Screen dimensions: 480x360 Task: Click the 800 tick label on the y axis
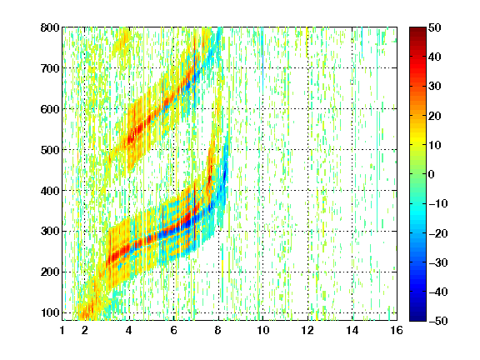point(50,27)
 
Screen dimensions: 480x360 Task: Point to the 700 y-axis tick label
point(50,68)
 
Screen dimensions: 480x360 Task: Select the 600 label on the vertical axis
point(50,109)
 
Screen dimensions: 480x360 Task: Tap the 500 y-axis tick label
point(50,150)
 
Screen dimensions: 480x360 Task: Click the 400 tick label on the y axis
point(50,191)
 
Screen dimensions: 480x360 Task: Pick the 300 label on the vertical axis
point(50,232)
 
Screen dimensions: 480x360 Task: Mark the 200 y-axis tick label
point(50,272)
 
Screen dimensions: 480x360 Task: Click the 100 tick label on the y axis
point(50,312)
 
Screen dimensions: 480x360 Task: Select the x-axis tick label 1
point(62,330)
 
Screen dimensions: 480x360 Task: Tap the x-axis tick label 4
point(129,330)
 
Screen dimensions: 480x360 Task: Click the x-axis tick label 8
point(218,330)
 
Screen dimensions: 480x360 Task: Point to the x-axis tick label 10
point(263,330)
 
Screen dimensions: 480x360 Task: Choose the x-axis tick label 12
point(307,330)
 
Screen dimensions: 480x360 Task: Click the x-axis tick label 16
point(397,330)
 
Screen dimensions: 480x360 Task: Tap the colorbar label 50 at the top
point(434,27)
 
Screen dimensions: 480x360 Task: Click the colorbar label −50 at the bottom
point(438,321)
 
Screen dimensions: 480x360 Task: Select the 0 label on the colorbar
point(432,174)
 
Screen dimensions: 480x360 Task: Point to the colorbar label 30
point(434,87)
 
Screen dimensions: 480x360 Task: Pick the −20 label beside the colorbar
point(438,233)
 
